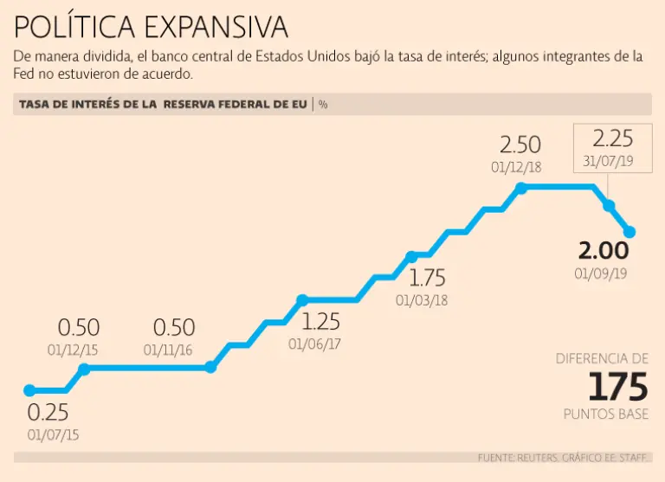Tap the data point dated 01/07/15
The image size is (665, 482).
29,390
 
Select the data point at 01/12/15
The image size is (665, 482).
84,369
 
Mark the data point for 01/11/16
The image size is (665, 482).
210,367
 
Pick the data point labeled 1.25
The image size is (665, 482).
302,300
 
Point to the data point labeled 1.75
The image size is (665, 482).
411,256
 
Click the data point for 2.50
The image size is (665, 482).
520,188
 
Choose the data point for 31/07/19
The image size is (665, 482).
609,206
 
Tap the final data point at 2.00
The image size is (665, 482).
630,232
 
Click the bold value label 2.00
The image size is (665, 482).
603,252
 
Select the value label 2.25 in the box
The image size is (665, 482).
613,138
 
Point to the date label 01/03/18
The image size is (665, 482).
423,300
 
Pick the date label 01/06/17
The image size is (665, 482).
314,343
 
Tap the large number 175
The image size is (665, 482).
618,386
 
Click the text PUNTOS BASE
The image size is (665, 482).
606,415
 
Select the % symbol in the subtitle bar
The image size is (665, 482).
323,105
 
